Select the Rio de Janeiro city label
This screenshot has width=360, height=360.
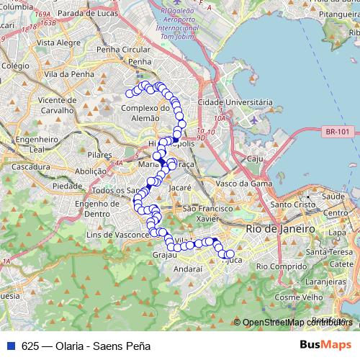point(281,228)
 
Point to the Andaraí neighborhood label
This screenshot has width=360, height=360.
point(189,268)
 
